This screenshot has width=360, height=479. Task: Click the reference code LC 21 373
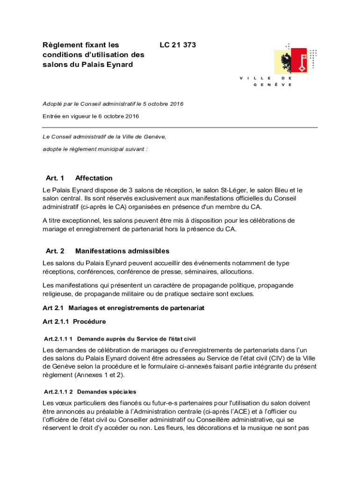coord(178,45)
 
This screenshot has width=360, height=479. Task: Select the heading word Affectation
coord(94,178)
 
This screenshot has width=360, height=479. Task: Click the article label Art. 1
coord(55,178)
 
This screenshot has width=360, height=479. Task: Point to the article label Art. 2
coord(55,251)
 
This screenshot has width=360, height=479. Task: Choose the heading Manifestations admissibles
coord(122,251)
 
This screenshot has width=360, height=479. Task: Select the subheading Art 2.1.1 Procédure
coord(74,322)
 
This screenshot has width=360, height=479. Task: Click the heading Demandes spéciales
coord(106,392)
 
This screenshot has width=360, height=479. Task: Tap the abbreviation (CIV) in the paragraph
coord(278,358)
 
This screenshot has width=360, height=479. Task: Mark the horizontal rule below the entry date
coord(180,127)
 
